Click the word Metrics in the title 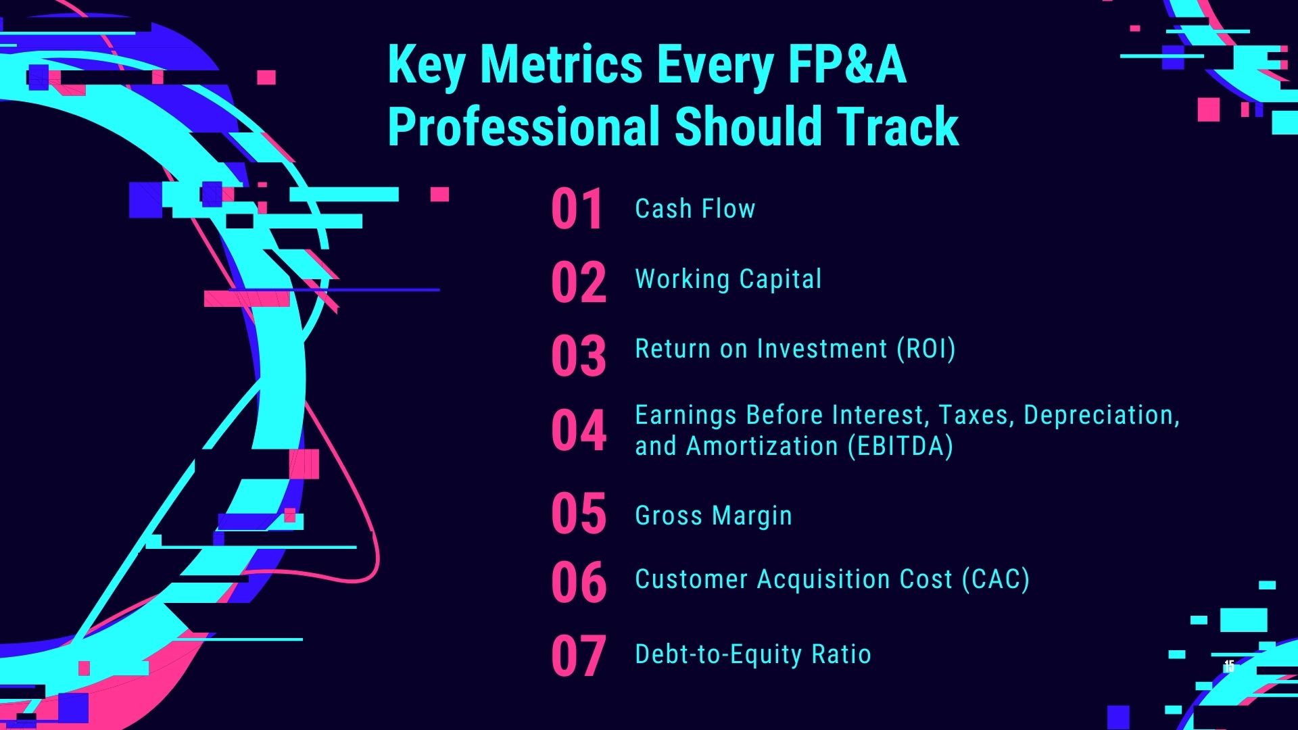coord(562,65)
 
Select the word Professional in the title coord(524,126)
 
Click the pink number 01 coord(577,210)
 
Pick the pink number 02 coord(579,283)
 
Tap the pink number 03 coord(579,356)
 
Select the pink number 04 coord(579,430)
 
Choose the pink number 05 coord(579,514)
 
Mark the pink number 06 coord(579,583)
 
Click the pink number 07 coord(579,656)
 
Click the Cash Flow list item coord(695,209)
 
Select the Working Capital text coord(728,279)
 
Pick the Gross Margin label coord(713,516)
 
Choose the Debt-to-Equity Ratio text coord(753,654)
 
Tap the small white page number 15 coord(1229,666)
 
